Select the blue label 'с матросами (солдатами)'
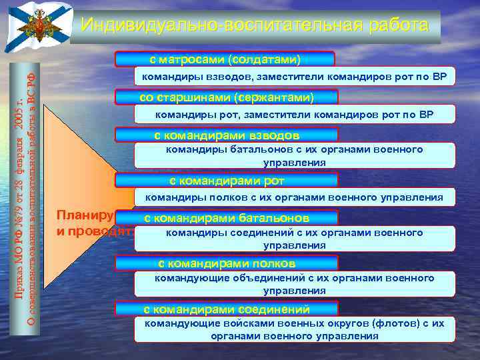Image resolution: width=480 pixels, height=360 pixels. [225, 59]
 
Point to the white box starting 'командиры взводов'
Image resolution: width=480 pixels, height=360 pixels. [293, 77]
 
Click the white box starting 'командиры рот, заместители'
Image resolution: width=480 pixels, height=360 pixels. [293, 115]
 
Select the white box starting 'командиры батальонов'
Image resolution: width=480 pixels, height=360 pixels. [294, 156]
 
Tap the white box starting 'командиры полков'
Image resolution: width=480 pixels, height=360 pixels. [294, 197]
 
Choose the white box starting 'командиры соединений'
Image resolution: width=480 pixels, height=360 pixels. [294, 239]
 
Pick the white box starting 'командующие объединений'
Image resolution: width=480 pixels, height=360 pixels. [294, 284]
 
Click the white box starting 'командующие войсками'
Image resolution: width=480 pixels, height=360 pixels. [294, 329]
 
